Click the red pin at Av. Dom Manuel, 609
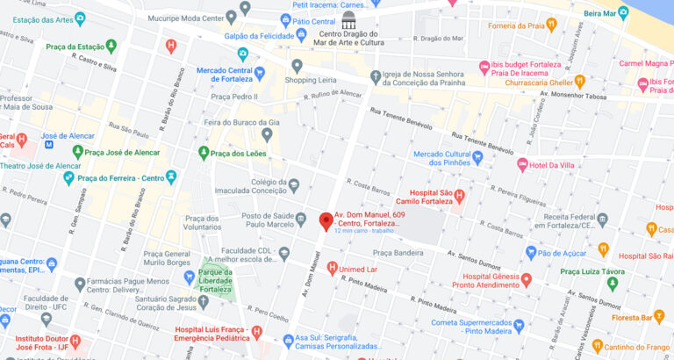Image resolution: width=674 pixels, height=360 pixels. (x=326, y=221)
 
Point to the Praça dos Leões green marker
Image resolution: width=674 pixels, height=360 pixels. (x=204, y=153)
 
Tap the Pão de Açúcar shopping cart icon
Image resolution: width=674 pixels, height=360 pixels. (x=531, y=253)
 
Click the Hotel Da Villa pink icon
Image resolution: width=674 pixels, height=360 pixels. (x=522, y=164)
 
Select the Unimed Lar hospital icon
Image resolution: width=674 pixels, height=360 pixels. (x=332, y=268)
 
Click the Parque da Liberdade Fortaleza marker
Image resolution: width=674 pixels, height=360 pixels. (x=189, y=277)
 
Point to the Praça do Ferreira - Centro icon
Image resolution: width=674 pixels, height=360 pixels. (x=68, y=178)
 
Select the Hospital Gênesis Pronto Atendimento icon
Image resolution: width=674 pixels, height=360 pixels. (x=526, y=280)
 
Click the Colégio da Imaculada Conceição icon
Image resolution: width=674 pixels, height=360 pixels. (x=293, y=185)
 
